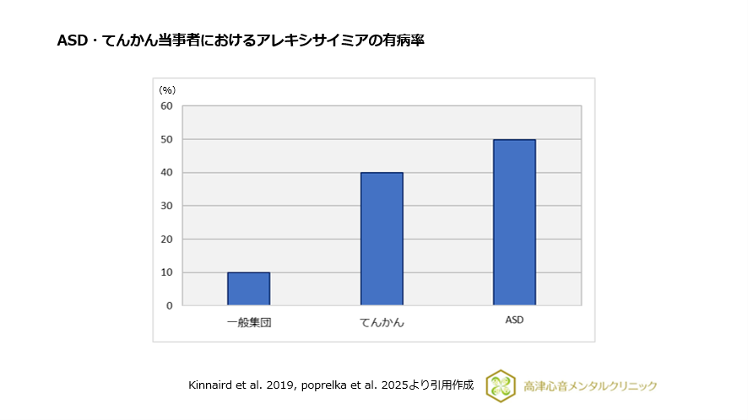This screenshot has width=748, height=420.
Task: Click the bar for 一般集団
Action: [248, 288]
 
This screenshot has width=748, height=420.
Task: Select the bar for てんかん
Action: [382, 239]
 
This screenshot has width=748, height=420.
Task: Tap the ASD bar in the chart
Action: [514, 222]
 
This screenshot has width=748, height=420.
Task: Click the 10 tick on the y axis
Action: [166, 272]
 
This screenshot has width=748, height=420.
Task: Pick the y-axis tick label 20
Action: [166, 239]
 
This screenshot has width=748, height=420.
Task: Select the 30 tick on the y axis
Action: [166, 206]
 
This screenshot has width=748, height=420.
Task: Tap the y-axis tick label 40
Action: [166, 173]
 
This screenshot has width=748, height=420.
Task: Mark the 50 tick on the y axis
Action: [166, 139]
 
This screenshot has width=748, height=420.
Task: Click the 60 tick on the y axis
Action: [166, 106]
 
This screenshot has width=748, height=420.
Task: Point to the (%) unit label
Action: [167, 89]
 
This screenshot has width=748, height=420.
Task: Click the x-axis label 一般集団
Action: [248, 321]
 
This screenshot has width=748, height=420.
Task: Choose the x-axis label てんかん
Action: [382, 322]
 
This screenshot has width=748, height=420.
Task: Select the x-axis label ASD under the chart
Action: [514, 320]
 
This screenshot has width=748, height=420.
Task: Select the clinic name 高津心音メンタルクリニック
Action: [590, 386]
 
